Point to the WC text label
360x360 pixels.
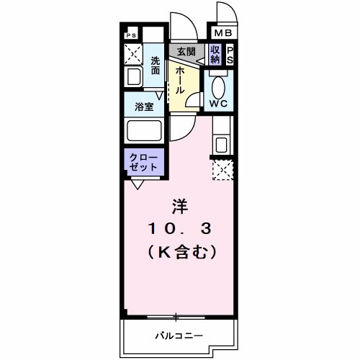pos(218,102)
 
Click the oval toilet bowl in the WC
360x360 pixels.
pos(219,85)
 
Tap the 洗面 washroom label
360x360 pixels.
pos(156,66)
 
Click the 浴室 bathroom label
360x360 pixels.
pos(145,107)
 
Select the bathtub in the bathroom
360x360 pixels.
pos(146,131)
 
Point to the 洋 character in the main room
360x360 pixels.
pos(179,207)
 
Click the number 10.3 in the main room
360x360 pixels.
pos(179,230)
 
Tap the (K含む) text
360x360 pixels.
pos(179,253)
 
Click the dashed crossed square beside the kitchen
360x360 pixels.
pos(222,171)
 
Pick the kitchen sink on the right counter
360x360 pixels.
pos(222,143)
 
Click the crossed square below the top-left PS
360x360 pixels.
pos(132,53)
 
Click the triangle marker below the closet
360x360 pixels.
pos(137,184)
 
